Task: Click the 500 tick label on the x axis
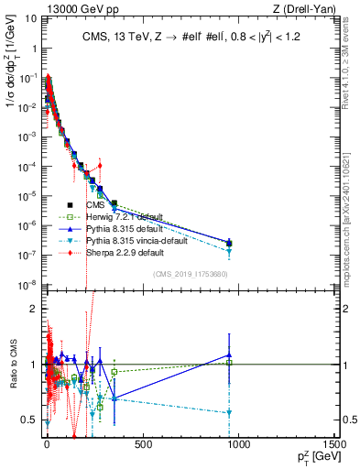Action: click(142, 445)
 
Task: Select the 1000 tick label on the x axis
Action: click(238, 445)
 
